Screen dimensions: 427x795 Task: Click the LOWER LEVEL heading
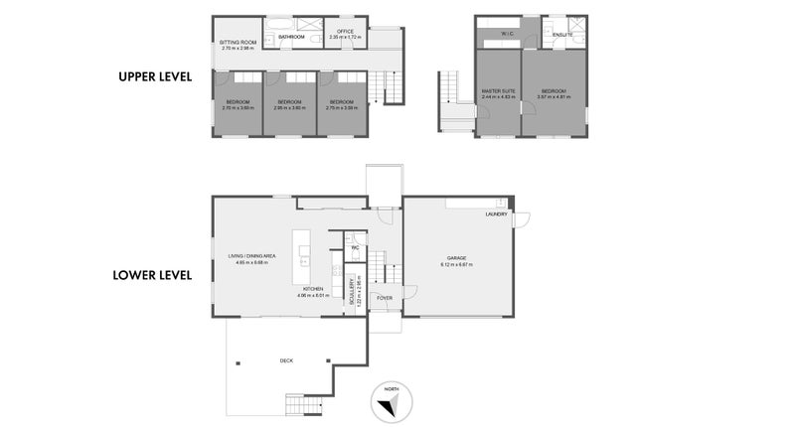pyautogui.click(x=152, y=275)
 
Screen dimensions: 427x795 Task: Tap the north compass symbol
pyautogui.click(x=389, y=401)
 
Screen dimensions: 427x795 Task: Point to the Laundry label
pyautogui.click(x=497, y=214)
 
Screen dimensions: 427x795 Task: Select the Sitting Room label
pyautogui.click(x=238, y=42)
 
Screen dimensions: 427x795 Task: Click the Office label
pyautogui.click(x=345, y=32)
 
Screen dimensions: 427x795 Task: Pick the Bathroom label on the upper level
pyautogui.click(x=291, y=37)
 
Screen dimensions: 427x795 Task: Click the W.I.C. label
pyautogui.click(x=506, y=34)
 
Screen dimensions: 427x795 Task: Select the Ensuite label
pyautogui.click(x=562, y=34)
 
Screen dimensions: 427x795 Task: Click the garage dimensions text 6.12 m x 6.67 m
pyautogui.click(x=457, y=265)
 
